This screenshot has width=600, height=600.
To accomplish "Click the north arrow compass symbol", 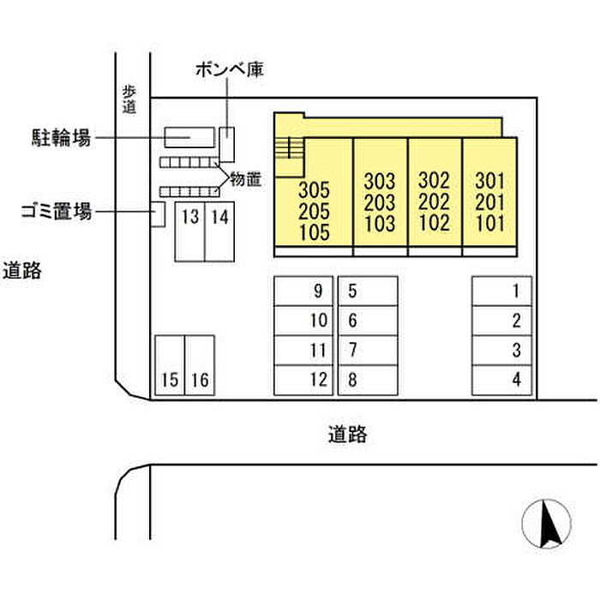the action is (547, 524).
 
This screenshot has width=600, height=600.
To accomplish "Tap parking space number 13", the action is (189, 232).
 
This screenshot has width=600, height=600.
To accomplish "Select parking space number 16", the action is (200, 365).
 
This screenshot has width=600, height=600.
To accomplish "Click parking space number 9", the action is (303, 291).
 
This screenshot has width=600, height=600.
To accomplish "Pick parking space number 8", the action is (368, 380).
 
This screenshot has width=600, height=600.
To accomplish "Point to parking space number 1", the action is (502, 291).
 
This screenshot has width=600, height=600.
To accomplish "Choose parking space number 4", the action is (502, 380).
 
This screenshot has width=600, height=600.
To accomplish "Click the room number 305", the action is (314, 189).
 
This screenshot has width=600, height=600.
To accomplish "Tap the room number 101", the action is (490, 223).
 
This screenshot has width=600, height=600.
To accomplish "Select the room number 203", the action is (380, 203).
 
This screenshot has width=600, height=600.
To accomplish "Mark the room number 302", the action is (434, 181).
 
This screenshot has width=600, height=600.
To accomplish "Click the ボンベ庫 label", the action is (230, 69).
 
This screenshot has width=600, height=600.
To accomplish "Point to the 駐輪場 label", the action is (61, 137).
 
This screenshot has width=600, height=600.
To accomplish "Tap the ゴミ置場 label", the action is (57, 211).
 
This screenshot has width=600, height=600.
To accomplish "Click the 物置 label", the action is (246, 179).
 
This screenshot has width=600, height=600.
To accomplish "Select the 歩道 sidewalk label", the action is (129, 100).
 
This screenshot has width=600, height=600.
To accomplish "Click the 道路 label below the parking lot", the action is (347, 435).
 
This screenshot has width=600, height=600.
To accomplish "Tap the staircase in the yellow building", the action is (290, 147).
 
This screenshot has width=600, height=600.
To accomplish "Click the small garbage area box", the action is (158, 214).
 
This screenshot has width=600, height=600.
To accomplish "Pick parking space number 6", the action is (368, 321).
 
